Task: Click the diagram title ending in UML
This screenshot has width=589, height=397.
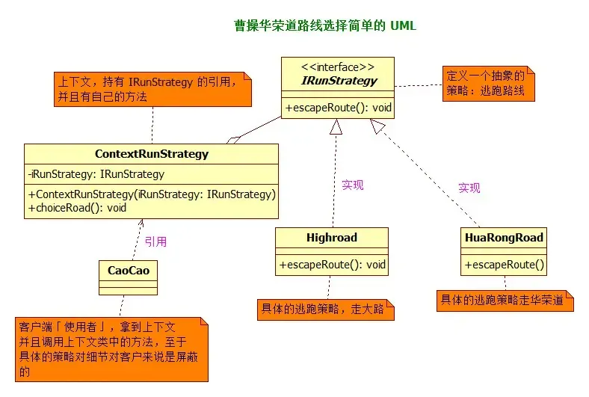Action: tap(325, 25)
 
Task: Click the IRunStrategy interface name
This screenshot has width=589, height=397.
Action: tap(339, 81)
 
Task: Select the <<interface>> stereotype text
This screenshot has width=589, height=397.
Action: tap(338, 67)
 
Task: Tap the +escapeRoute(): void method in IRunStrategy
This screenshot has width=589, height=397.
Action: tap(338, 108)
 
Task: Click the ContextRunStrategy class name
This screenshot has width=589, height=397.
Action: tap(152, 154)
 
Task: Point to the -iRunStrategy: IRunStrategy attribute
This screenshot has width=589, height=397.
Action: tap(96, 174)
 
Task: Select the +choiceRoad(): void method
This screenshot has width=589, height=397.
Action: tap(77, 208)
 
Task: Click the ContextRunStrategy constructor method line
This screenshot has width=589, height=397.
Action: tap(152, 194)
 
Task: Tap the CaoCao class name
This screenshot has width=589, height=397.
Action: tap(129, 271)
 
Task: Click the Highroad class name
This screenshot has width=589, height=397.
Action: tap(332, 237)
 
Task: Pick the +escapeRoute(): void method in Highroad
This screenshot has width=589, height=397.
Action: tap(332, 265)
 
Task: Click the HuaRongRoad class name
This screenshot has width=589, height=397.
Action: tap(504, 237)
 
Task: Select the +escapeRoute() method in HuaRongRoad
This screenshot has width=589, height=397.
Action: tap(504, 265)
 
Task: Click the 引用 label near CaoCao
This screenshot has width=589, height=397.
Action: tap(156, 241)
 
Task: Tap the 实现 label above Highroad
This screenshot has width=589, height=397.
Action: tap(352, 185)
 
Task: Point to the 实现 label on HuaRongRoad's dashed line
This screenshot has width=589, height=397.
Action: tap(469, 188)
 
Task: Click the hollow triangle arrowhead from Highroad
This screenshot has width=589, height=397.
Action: tap(336, 127)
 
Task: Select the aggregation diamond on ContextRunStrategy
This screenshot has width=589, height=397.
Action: tap(234, 140)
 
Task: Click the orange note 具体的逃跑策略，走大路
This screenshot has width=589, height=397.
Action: tap(326, 310)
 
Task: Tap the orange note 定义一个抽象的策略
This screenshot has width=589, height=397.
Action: tap(488, 84)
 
